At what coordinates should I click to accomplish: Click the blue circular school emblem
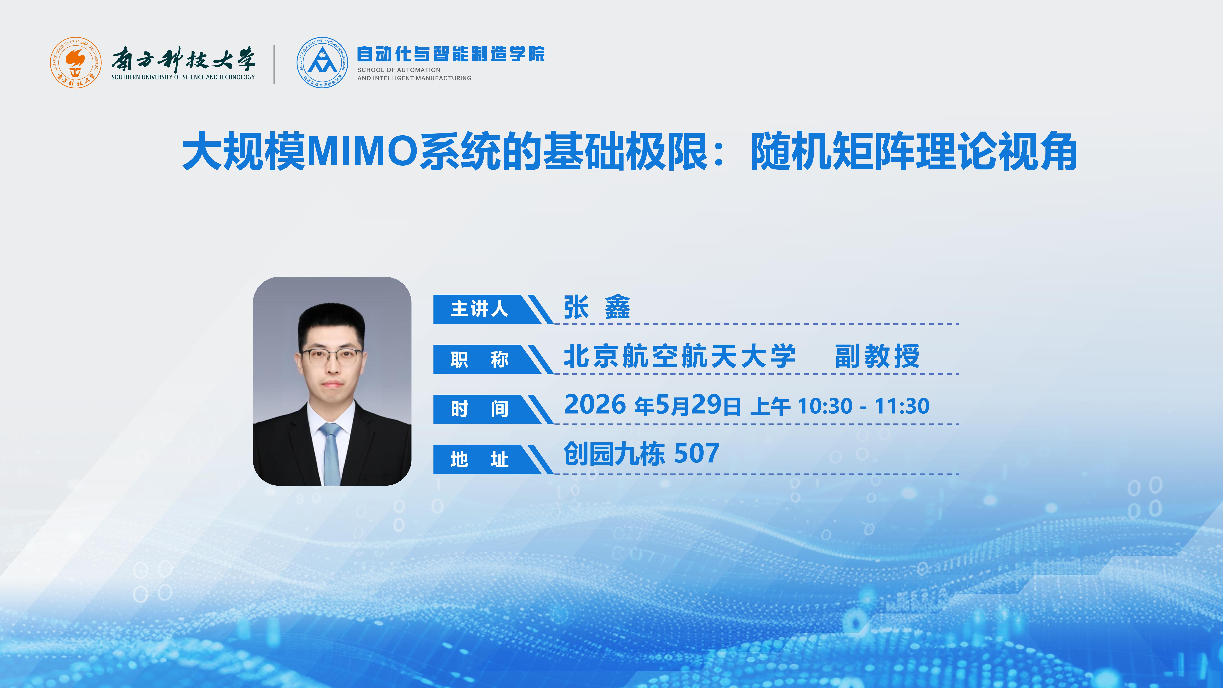click(x=322, y=62)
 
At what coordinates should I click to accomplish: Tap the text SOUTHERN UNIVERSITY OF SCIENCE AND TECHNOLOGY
click(x=183, y=77)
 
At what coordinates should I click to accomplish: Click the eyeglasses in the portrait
click(x=331, y=357)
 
